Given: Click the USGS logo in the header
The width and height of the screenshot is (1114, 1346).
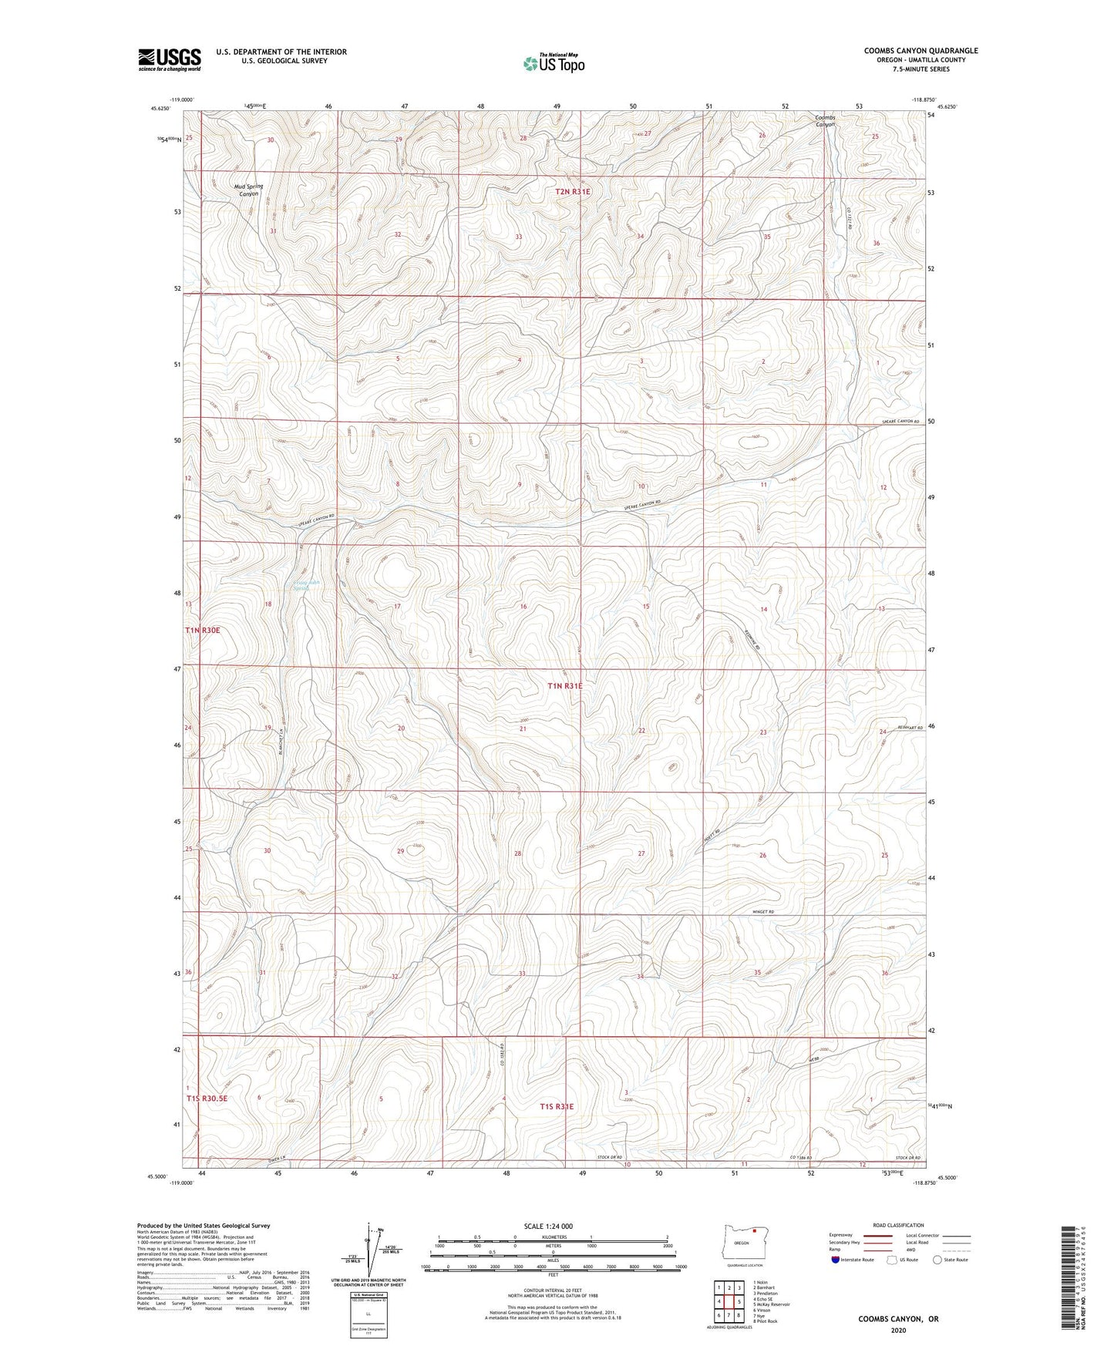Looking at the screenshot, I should point(169,59).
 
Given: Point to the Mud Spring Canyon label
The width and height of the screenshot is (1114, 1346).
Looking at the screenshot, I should point(248,190).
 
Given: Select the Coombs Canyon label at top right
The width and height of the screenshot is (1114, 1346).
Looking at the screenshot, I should point(825,121).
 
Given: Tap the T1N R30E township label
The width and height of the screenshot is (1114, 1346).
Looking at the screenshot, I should point(203,630).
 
